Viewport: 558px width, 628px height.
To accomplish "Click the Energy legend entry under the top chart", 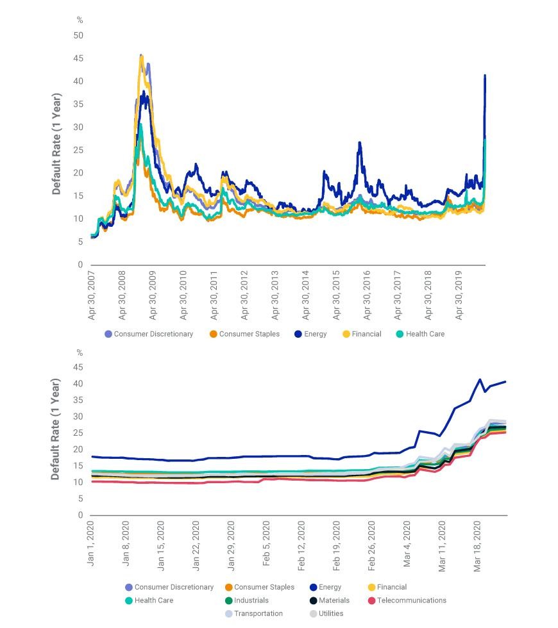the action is [310, 334].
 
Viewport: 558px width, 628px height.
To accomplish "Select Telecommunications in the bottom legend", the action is [407, 600].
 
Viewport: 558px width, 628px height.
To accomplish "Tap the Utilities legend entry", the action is [326, 614].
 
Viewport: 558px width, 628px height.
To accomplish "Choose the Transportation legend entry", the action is [254, 614].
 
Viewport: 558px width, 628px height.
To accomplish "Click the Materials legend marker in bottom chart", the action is [313, 600].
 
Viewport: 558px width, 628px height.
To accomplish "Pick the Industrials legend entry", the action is [246, 600].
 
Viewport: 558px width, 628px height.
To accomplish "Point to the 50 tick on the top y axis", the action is [78, 35].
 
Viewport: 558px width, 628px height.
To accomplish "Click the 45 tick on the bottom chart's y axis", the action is [78, 367].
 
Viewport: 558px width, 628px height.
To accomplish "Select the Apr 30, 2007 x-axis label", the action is [92, 295].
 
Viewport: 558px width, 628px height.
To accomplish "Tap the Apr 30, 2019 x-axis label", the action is [459, 295].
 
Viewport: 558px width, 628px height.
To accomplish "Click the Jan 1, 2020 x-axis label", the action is [90, 543].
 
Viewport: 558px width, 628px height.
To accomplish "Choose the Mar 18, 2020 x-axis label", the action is [477, 546].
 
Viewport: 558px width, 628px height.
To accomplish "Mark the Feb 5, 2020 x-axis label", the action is [266, 543].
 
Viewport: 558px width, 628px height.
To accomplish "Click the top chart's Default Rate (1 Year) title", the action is [56, 144].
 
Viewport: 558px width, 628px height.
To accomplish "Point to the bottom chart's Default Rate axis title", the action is [55, 429].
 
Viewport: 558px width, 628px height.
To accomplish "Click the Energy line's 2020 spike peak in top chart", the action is [485, 75].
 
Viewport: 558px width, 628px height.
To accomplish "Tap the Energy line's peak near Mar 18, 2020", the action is [480, 379].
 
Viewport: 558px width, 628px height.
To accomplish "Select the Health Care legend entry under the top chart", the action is [420, 334].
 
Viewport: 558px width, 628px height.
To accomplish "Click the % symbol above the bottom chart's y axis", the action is [80, 353].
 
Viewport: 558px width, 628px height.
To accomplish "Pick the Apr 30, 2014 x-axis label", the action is [306, 295].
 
